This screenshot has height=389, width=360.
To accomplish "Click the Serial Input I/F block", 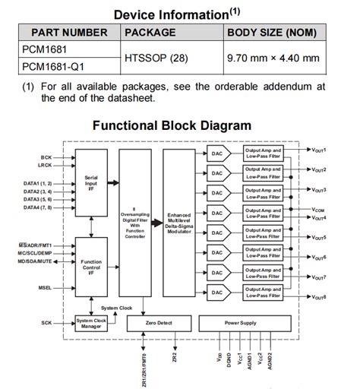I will [91, 182].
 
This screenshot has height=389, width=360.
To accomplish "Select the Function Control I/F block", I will [91, 265].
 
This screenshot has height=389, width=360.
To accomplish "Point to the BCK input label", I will [46, 157].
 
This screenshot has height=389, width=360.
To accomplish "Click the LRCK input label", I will [46, 165].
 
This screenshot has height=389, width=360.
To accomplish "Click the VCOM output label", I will [319, 210].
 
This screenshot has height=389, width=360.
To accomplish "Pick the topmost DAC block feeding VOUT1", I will [216, 153].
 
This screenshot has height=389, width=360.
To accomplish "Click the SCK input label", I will [46, 324].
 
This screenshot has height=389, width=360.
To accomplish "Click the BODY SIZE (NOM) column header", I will [273, 33].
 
